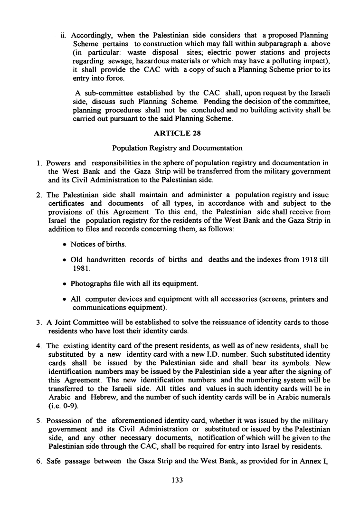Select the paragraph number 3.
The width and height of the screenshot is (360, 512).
coord(38,322)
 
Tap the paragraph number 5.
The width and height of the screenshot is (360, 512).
coord(38,420)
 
